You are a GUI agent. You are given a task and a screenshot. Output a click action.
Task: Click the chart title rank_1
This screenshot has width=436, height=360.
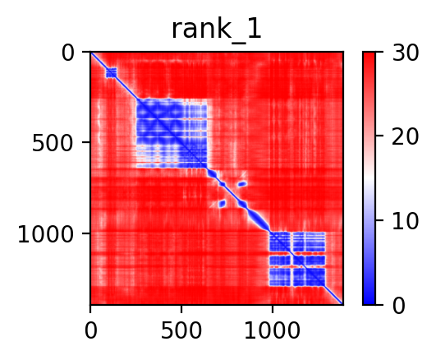point(216,30)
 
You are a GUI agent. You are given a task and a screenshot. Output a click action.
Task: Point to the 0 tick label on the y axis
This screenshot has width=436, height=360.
point(68,53)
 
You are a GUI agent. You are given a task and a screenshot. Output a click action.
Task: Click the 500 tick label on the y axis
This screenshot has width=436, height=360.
point(53,143)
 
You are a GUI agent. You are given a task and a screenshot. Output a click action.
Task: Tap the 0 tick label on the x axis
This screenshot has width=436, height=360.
point(91,330)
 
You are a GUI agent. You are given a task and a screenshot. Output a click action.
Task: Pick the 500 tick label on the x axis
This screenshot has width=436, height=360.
point(181,330)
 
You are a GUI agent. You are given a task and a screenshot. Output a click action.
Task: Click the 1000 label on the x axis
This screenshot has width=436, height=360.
point(273,330)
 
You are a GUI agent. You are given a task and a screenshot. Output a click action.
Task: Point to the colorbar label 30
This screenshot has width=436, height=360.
point(405,53)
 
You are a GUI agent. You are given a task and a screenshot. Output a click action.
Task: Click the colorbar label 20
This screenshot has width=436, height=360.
point(405,136)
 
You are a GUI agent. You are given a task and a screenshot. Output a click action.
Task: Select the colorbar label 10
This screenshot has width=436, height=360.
point(405,221)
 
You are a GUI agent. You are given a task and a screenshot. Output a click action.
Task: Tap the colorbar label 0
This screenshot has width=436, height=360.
point(399,306)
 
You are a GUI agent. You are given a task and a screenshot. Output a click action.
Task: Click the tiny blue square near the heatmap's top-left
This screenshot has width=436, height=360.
point(111,73)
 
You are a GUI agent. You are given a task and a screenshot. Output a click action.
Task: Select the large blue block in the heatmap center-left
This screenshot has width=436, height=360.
point(172,134)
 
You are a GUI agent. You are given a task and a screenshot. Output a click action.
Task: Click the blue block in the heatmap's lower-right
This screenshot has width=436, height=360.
point(297,259)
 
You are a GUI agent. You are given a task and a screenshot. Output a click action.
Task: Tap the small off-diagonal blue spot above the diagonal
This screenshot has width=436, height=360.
point(242,184)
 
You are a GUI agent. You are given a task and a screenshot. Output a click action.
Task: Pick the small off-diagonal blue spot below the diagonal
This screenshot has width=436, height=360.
point(222,204)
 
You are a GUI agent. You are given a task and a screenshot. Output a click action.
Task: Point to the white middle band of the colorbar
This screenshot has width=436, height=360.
point(369,178)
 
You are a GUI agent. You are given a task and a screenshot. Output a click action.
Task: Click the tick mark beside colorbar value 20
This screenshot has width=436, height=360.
point(379,136)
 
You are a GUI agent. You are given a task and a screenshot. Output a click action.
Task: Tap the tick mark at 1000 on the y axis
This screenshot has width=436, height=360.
point(86,233)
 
